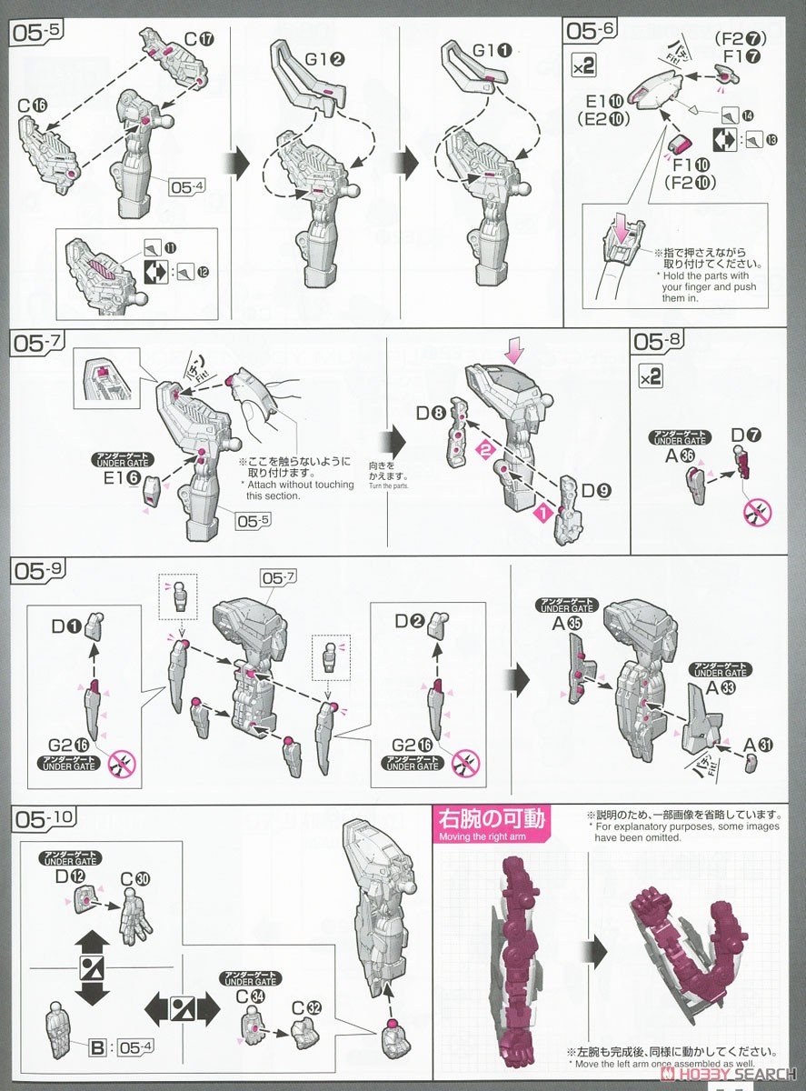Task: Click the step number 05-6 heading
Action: click(x=592, y=31)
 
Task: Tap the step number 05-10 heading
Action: click(x=41, y=819)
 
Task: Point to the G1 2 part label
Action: click(x=324, y=60)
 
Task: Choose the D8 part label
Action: click(x=433, y=414)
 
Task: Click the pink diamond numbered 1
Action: click(x=542, y=513)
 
